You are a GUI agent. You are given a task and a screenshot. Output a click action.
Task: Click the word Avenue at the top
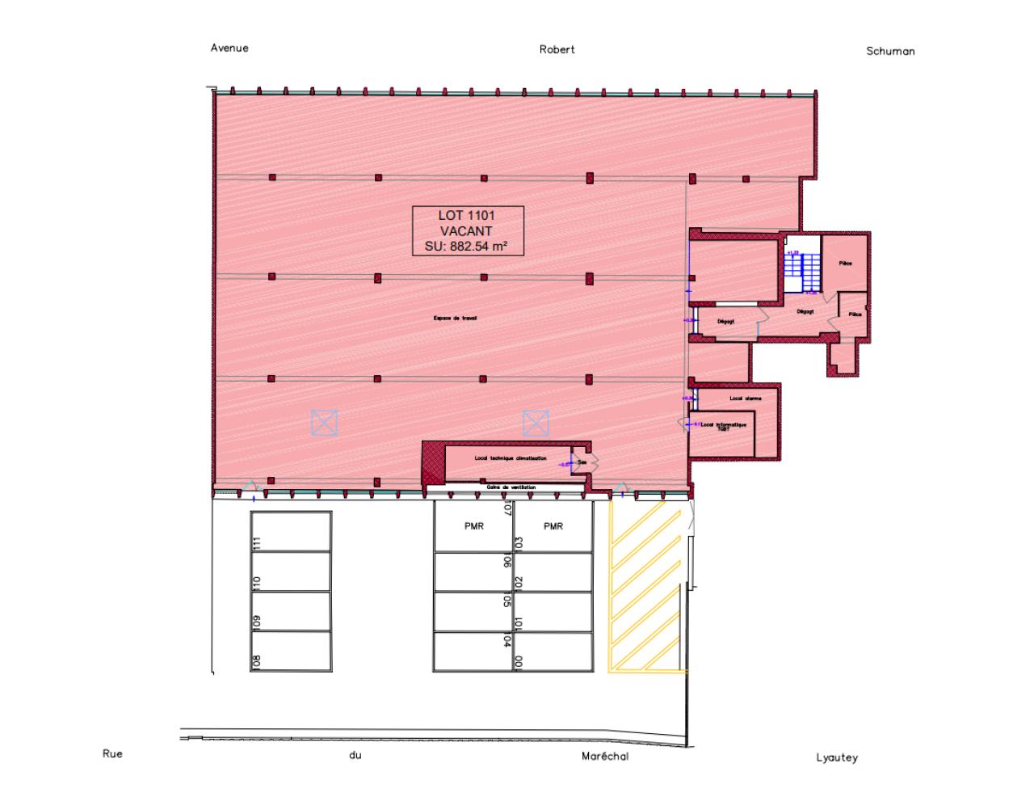point(229,48)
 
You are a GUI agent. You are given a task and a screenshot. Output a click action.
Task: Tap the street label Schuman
point(890,51)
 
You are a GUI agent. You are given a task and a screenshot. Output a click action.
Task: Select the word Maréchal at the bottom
point(604,757)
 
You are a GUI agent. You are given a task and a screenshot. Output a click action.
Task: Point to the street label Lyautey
point(836,758)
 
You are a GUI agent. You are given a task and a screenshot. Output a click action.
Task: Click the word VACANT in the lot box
point(468,231)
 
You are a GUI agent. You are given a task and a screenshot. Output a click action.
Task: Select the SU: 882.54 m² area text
point(468,247)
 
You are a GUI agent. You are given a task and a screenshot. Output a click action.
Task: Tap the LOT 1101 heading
point(468,216)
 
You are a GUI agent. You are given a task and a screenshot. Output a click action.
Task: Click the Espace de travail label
point(455,318)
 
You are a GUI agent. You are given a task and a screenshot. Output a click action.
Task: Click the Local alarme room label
point(745,399)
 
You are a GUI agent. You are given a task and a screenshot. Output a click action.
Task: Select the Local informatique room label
point(724,425)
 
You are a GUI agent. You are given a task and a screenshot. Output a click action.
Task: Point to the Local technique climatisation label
point(510,458)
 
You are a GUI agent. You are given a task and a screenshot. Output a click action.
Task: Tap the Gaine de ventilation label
point(511,487)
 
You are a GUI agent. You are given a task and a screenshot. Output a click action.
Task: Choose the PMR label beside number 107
point(474,526)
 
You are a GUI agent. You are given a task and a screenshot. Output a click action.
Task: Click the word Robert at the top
point(557,49)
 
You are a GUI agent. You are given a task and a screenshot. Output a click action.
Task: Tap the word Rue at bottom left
point(112,753)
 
